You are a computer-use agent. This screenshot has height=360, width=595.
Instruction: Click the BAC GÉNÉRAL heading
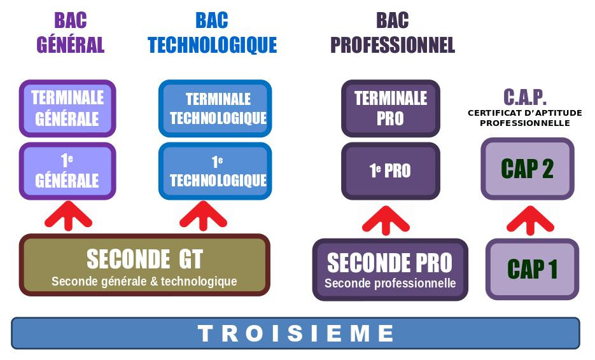[70, 32]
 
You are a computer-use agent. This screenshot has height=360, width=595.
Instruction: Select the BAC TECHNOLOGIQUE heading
[212, 32]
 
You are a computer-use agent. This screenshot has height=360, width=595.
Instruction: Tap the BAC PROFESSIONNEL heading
[393, 32]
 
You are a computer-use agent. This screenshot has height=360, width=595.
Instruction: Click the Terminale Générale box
[67, 108]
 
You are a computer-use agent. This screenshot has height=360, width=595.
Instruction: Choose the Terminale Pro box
[390, 108]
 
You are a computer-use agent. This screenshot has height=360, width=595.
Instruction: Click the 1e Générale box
[67, 171]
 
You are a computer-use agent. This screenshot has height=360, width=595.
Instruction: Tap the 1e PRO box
[390, 170]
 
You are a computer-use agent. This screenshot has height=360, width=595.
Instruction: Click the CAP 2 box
[527, 169]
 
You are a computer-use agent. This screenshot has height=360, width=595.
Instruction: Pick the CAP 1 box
[532, 269]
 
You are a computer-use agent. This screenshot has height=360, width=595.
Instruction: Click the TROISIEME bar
[295, 333]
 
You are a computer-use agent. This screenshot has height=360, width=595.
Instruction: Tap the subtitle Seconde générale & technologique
[144, 281]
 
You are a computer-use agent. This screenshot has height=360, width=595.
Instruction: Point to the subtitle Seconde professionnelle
[390, 283]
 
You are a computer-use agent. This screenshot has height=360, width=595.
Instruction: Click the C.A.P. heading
[525, 97]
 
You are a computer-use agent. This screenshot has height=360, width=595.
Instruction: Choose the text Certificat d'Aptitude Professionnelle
[525, 118]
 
